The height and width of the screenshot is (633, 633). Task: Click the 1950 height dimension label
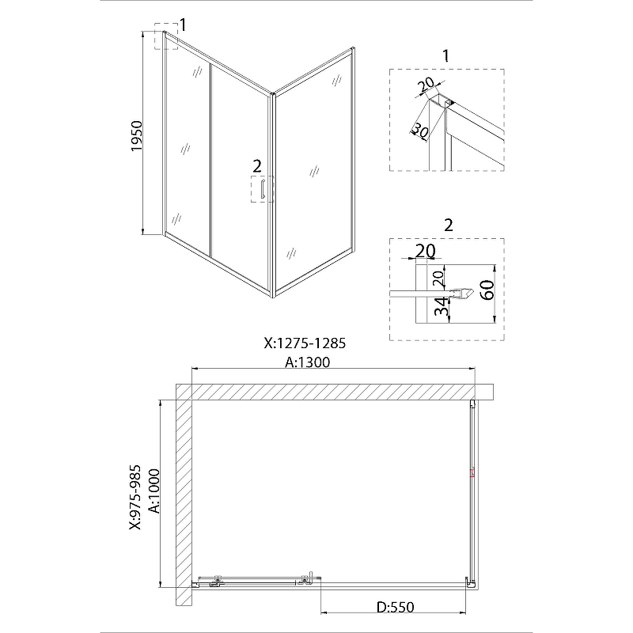(x=137, y=136)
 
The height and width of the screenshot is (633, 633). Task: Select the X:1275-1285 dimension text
(x=305, y=343)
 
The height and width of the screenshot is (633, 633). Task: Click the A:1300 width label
(x=308, y=362)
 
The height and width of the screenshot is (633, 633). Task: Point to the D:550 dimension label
(x=395, y=607)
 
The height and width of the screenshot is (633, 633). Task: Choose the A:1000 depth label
(x=154, y=491)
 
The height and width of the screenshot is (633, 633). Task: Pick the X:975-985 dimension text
(x=135, y=498)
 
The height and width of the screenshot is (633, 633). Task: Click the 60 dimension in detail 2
(x=487, y=290)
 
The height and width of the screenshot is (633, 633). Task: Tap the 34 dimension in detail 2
(x=442, y=306)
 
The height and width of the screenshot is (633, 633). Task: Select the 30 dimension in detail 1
(x=421, y=130)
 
